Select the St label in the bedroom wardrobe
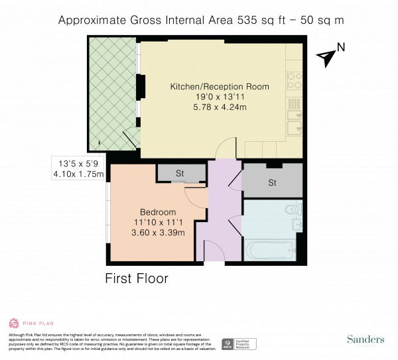pyautogui.click(x=179, y=174)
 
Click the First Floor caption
pyautogui.click(x=137, y=278)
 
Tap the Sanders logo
pyautogui.click(x=365, y=339)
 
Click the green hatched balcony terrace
pyautogui.click(x=111, y=93)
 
